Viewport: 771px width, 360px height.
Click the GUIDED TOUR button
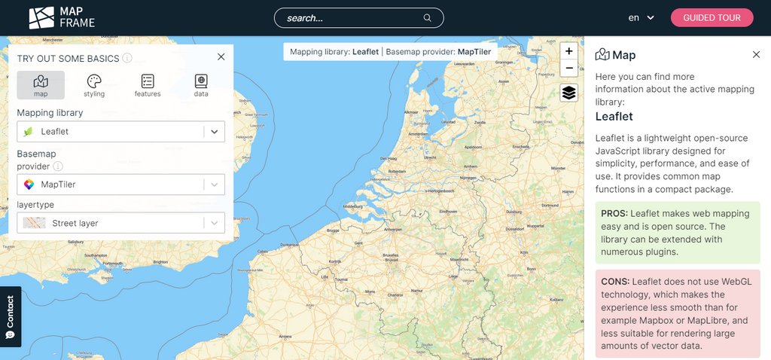click(712, 17)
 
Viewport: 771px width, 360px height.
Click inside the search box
click(354, 17)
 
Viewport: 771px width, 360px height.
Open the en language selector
click(641, 17)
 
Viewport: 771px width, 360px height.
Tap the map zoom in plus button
click(568, 51)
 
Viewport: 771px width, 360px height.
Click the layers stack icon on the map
click(568, 93)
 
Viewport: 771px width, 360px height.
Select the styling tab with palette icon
click(94, 85)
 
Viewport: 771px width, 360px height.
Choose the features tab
click(148, 85)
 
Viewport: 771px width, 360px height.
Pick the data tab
click(201, 85)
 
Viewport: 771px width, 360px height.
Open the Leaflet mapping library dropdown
click(120, 132)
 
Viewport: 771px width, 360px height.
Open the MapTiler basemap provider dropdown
click(120, 185)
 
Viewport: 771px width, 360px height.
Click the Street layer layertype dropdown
click(120, 223)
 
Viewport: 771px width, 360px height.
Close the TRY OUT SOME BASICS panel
click(221, 56)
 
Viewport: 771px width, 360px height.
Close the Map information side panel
click(756, 54)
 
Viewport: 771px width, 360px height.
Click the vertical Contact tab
click(10, 316)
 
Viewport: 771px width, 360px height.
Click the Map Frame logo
click(62, 17)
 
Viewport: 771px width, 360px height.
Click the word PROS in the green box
click(614, 214)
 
